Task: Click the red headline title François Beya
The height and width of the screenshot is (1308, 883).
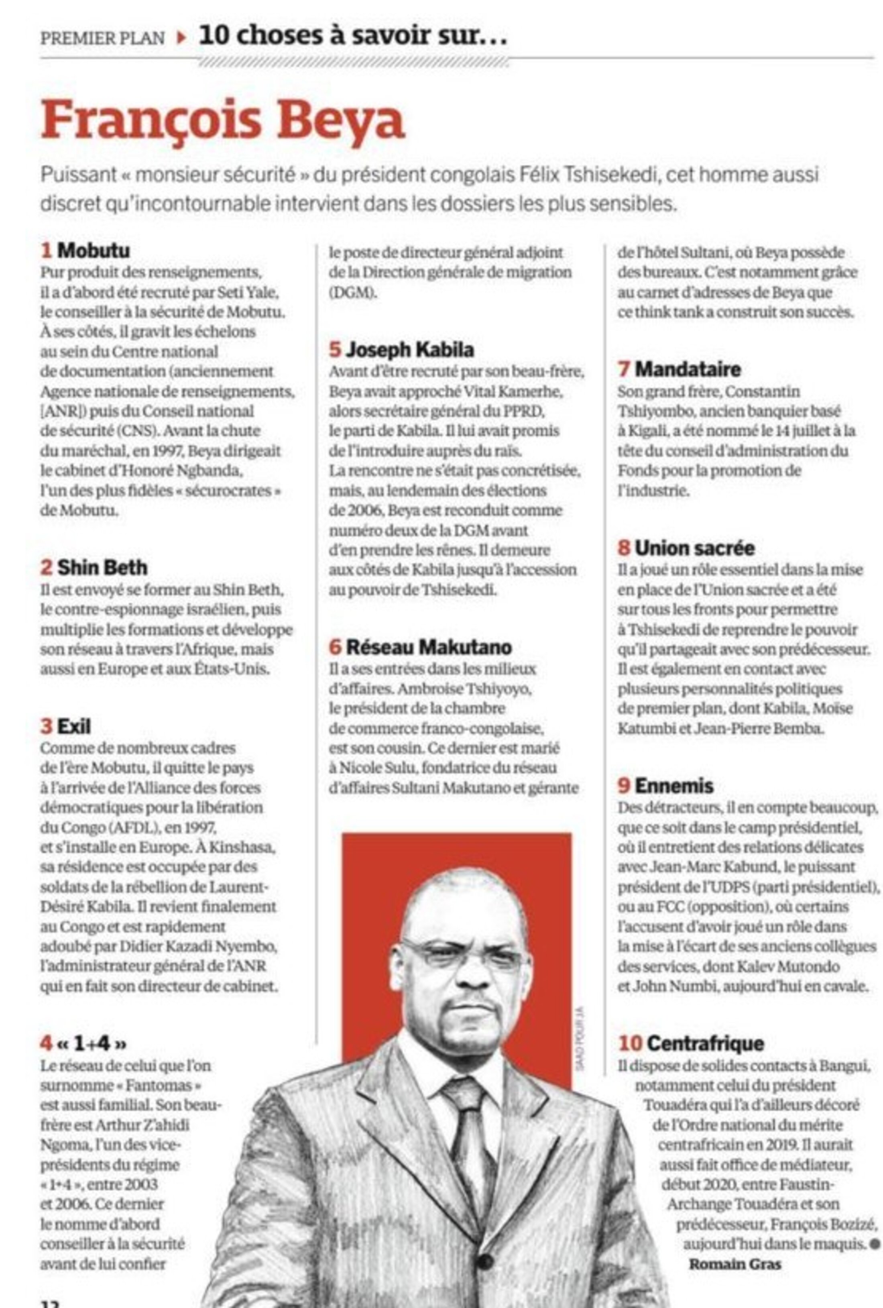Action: pyautogui.click(x=222, y=121)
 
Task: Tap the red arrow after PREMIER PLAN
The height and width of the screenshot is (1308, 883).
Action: pyautogui.click(x=181, y=38)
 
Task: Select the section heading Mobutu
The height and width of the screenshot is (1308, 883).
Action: pyautogui.click(x=94, y=251)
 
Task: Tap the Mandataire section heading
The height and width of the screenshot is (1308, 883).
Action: pyautogui.click(x=687, y=369)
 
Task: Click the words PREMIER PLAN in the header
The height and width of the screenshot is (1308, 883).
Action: pyautogui.click(x=102, y=38)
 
